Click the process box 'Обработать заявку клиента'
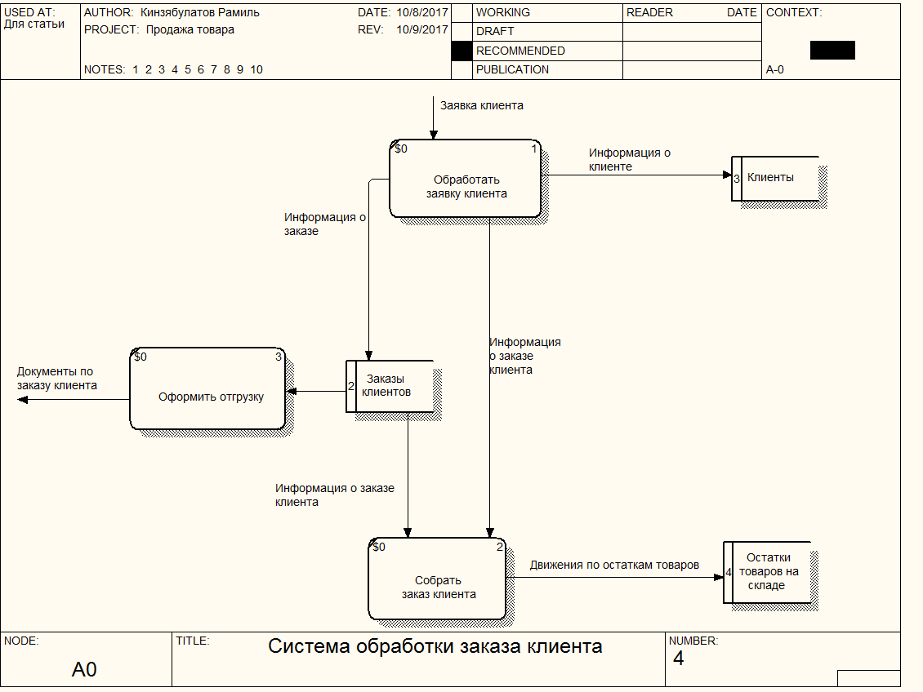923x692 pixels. coord(465,179)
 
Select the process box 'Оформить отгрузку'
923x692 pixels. coord(207,388)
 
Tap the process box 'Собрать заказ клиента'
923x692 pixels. coord(437,579)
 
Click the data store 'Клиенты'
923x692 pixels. coord(775,179)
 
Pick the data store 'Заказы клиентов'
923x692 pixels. coord(390,386)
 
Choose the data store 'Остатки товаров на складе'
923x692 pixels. coord(767,572)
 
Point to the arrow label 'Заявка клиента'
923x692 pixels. coord(482,106)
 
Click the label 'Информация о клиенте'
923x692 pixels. coord(629,159)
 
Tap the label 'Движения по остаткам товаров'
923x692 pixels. coord(614,565)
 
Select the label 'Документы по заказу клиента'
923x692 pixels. coord(56,379)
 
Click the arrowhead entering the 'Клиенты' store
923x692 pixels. coord(727,175)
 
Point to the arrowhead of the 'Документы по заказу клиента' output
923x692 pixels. coord(22,400)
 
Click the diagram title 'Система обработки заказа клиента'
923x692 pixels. coord(435,646)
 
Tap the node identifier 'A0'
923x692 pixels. coord(84,669)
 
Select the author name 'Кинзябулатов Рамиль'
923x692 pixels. coord(199,12)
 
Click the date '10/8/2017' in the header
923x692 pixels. coord(422,12)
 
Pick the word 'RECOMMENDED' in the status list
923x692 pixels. coord(520,51)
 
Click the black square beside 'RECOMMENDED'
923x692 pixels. coord(461,51)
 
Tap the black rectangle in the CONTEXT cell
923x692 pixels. coord(832,50)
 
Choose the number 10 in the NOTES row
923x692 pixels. coord(256,69)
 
